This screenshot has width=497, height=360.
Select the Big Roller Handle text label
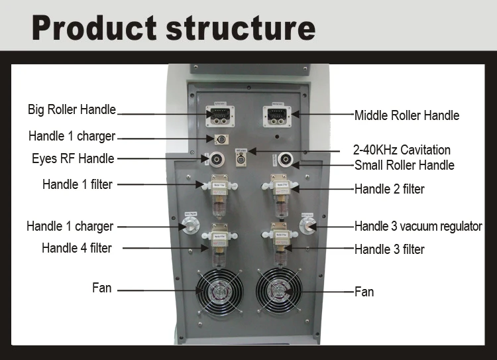point(72,109)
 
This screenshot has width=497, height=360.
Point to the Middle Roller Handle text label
point(406,115)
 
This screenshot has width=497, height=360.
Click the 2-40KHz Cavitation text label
point(402,150)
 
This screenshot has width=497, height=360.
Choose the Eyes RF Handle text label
point(73,158)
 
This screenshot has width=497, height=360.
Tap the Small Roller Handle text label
point(404,164)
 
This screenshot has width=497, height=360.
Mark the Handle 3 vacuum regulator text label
point(417,226)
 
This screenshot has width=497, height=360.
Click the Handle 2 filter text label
point(389,189)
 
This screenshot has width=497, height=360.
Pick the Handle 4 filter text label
point(76,248)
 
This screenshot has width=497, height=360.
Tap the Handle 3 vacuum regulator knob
point(307,225)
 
